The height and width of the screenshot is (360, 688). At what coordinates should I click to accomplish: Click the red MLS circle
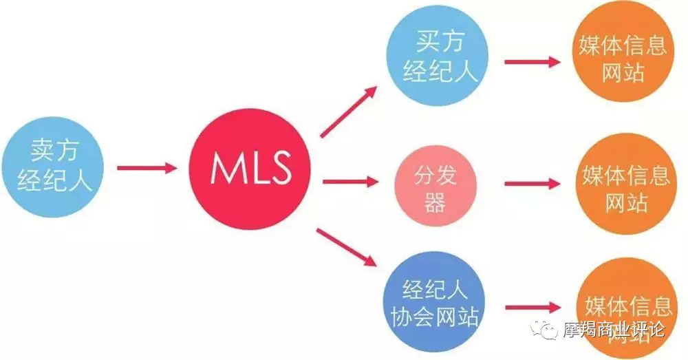point(250,167)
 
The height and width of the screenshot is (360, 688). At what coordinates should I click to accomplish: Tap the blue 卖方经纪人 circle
point(52,167)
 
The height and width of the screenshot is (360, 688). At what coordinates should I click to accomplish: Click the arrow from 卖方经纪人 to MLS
point(146,167)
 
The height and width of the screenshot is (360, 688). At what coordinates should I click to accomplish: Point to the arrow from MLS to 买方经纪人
point(348,112)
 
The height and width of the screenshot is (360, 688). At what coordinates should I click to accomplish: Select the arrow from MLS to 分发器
point(350,182)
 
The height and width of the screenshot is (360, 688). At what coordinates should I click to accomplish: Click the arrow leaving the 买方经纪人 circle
point(532,61)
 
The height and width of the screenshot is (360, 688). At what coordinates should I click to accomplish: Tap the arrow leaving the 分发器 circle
point(532,184)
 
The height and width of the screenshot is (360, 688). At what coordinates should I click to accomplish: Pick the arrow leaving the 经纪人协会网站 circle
point(532,308)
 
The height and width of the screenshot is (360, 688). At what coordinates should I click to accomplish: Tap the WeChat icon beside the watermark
point(548,330)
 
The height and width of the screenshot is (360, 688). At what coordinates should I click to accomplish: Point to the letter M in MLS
point(224,168)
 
